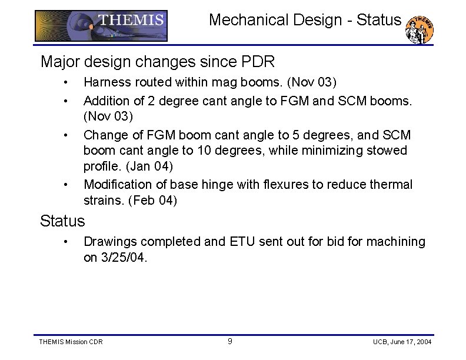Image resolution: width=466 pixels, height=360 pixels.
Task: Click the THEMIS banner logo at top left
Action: pyautogui.click(x=101, y=25)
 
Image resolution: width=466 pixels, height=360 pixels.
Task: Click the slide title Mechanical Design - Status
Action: pyautogui.click(x=305, y=20)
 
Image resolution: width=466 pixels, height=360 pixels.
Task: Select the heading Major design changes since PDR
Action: pyautogui.click(x=157, y=61)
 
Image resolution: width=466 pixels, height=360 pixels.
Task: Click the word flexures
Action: pyautogui.click(x=286, y=185)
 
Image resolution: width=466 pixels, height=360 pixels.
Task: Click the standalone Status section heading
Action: pyautogui.click(x=62, y=221)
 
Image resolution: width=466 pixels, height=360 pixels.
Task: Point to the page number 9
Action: pyautogui.click(x=229, y=341)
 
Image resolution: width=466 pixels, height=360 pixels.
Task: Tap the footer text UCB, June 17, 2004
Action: pyautogui.click(x=402, y=342)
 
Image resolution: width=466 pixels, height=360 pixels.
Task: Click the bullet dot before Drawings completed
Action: pyautogui.click(x=68, y=242)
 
